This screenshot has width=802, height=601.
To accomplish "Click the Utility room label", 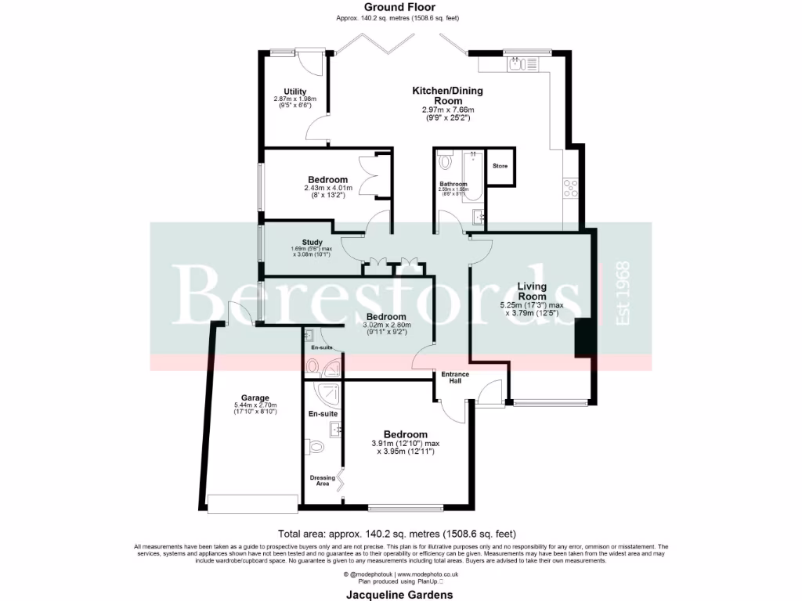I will pos(294,92).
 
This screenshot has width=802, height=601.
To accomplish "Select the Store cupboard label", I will pos(500,167).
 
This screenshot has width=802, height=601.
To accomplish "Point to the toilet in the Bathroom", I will pos(446,162).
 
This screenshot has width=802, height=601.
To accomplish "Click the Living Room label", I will pos(532,291).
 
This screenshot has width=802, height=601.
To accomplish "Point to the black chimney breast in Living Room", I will pos(583,338).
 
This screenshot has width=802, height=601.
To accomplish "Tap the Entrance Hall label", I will pos(455,378).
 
